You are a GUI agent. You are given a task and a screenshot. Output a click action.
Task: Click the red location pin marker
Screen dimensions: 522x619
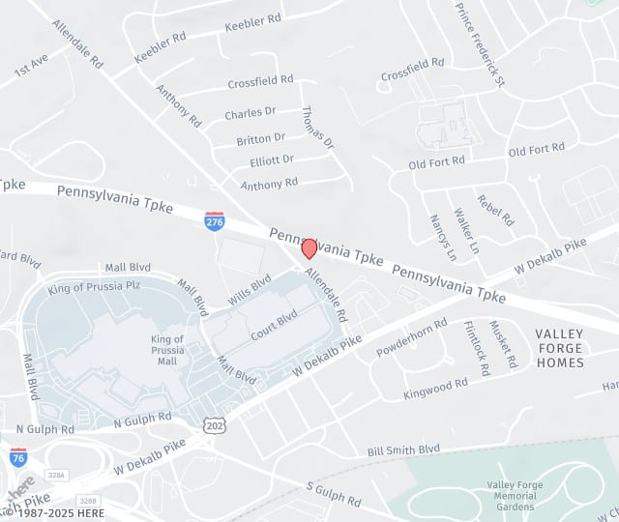tap(309, 248)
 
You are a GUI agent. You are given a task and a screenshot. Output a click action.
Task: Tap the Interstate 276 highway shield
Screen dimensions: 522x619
tap(215, 221)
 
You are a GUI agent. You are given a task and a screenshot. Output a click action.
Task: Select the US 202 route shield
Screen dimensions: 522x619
tap(214, 424)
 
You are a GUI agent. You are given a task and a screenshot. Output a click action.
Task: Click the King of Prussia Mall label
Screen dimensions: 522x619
tap(167, 349)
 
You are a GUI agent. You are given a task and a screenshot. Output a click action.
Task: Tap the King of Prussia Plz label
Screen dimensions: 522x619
tap(94, 287)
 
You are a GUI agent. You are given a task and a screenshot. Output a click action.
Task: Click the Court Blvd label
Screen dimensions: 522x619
tap(273, 325)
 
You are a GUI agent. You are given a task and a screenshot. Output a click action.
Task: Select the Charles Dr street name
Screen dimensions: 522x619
tap(251, 114)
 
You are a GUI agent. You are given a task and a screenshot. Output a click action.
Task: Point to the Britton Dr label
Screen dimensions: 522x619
tap(260, 138)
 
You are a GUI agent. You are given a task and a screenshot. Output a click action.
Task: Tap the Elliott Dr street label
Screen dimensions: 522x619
tap(271, 160)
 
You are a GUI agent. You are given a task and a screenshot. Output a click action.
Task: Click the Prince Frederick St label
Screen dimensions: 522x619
tap(480, 43)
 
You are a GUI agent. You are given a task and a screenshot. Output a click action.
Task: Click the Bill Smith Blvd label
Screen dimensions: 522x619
tap(403, 449)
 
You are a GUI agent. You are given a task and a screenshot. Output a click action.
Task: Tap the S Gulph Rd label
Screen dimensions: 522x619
tap(334, 494)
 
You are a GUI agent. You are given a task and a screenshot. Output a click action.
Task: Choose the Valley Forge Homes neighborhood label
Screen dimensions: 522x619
tap(559, 348)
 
